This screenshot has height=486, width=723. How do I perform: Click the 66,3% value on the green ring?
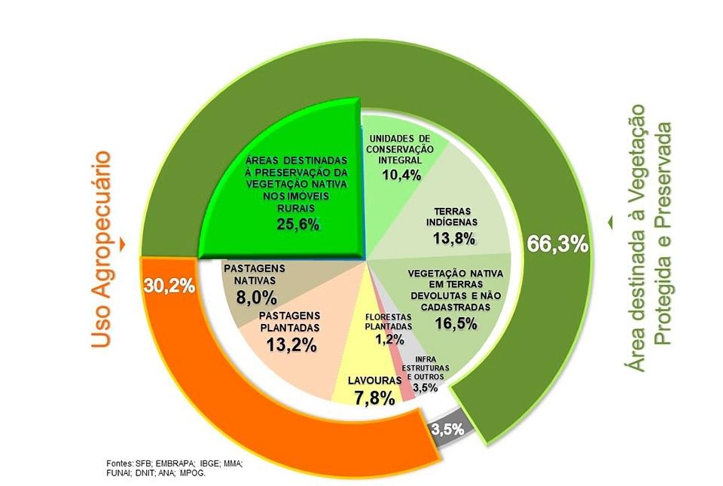click(558, 246)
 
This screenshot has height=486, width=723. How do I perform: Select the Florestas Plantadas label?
click(389, 322)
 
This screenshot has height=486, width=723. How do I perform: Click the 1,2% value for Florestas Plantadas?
click(389, 340)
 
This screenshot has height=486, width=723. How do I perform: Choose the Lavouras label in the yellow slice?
click(374, 381)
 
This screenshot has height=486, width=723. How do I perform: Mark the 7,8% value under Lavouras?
click(374, 399)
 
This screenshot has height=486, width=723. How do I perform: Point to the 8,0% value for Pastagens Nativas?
click(252, 296)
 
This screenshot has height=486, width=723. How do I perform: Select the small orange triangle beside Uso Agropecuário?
click(124, 245)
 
